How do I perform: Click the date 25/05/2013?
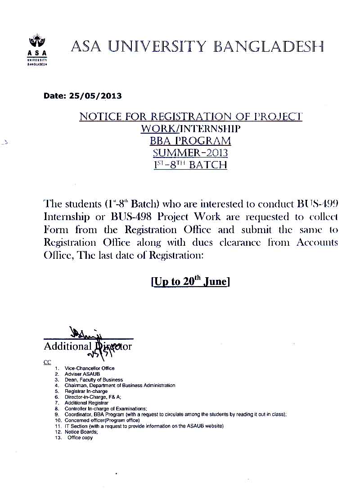click(x=95, y=96)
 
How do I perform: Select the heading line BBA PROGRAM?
click(x=190, y=141)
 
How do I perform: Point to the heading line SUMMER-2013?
click(x=190, y=153)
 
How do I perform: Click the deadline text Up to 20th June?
click(x=191, y=282)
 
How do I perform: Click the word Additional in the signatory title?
click(x=67, y=346)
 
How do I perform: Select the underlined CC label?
click(x=47, y=362)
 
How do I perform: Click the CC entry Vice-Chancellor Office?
click(x=89, y=369)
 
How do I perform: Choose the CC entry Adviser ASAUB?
click(x=82, y=374)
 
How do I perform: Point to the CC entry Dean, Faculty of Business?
click(x=94, y=380)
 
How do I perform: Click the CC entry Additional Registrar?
click(x=86, y=403)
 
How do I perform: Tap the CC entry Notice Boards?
click(x=81, y=432)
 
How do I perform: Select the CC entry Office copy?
click(x=80, y=437)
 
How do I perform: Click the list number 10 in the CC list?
click(x=57, y=420)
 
